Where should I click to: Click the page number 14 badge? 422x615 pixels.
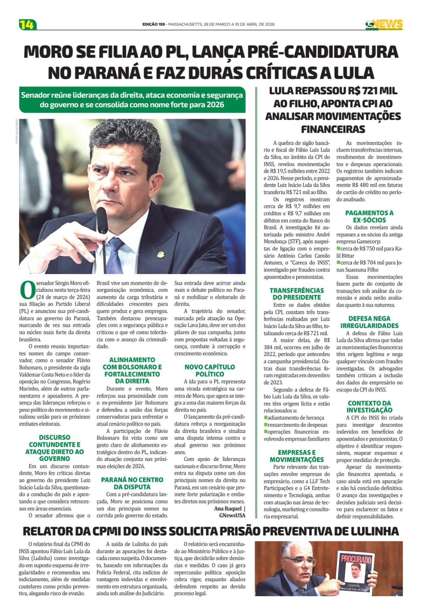click(x=27, y=25)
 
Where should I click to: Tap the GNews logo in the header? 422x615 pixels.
click(x=384, y=25)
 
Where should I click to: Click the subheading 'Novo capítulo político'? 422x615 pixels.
click(x=209, y=371)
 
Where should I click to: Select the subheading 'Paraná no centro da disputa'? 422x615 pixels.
click(x=132, y=483)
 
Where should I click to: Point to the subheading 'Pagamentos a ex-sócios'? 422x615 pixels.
click(x=369, y=216)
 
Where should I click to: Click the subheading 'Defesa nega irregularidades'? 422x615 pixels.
click(x=369, y=322)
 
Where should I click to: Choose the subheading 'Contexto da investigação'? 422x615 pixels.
click(x=369, y=407)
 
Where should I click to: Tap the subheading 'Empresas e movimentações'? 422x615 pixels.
click(x=296, y=456)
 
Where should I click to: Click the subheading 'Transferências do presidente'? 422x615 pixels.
click(x=296, y=294)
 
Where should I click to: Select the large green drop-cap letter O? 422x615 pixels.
click(x=27, y=290)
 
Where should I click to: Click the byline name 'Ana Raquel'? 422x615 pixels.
click(x=228, y=509)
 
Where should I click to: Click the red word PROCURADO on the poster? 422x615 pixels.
click(x=356, y=559)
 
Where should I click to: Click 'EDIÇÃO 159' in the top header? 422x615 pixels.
click(x=154, y=24)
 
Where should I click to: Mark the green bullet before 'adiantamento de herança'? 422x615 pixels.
click(x=266, y=417)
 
